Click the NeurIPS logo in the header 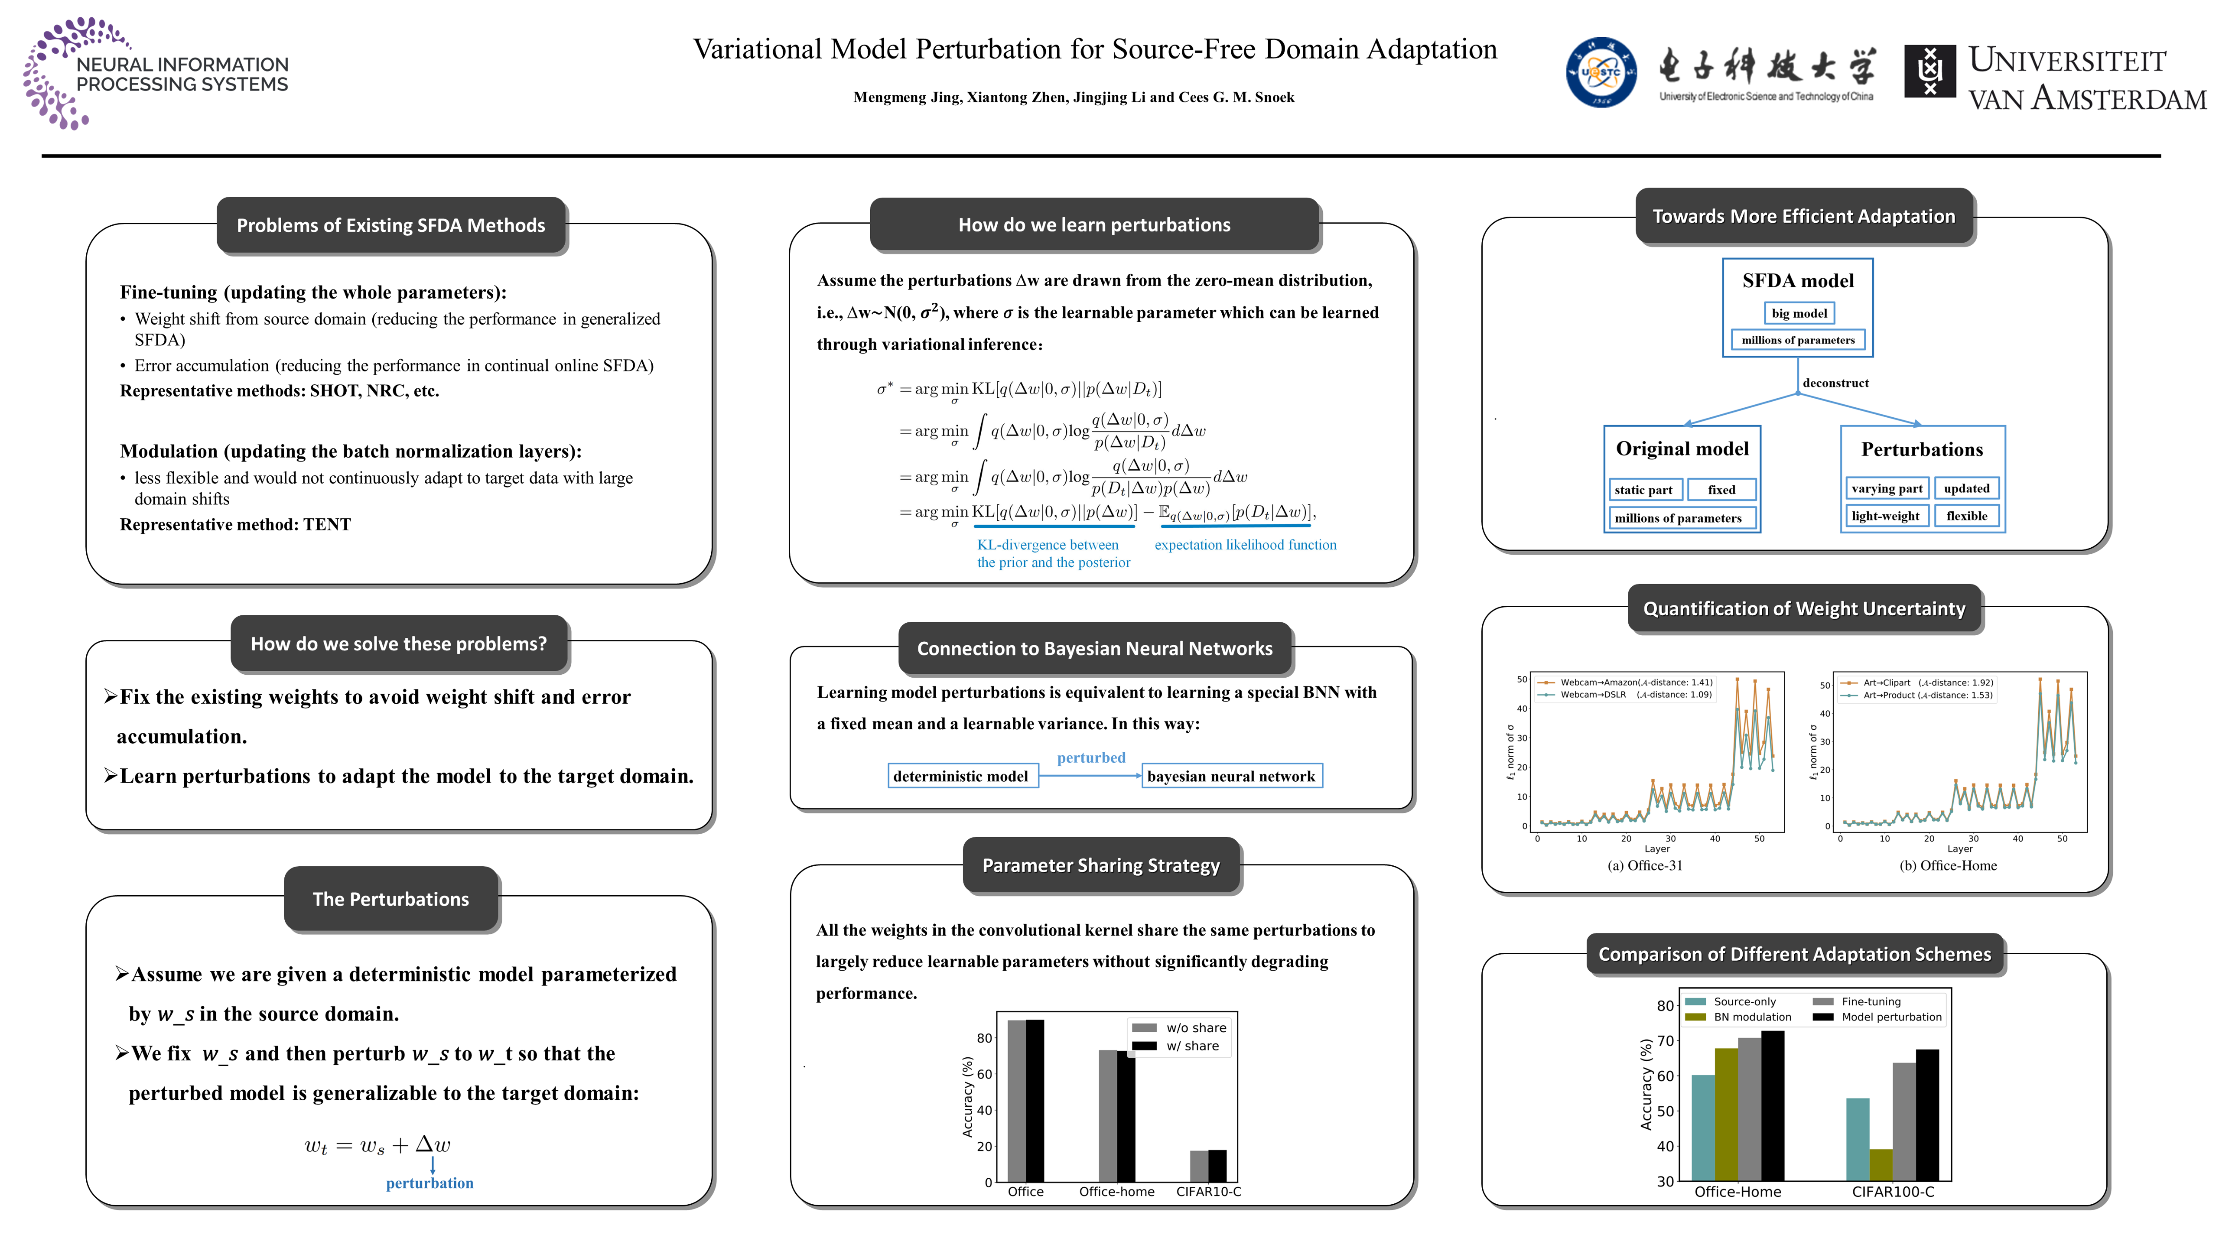coord(155,73)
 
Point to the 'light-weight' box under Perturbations coord(1885,516)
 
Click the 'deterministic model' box coord(960,776)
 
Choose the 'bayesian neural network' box coord(1231,776)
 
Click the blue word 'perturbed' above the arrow coord(1090,757)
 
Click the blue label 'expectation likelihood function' coord(1245,544)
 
